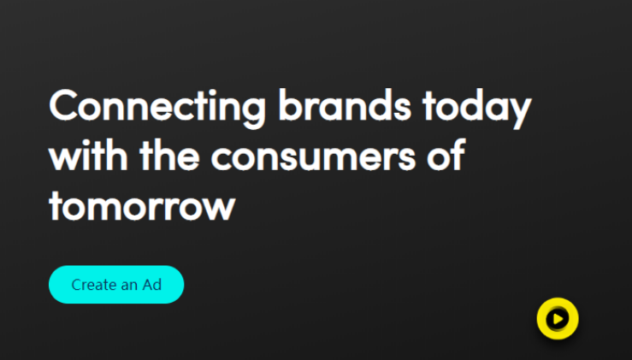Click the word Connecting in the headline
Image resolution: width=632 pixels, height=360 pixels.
[157, 107]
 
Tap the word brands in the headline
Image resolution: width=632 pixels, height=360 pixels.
[345, 104]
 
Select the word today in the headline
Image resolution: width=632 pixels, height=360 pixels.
[477, 108]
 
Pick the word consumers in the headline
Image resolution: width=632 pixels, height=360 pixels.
[313, 158]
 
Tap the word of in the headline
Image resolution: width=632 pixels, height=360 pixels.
[446, 155]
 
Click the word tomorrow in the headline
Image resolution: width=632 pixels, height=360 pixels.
[142, 205]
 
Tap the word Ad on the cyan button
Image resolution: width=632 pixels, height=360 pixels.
[152, 285]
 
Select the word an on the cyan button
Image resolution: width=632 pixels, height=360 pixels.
[129, 286]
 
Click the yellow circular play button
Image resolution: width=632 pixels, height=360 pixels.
[558, 319]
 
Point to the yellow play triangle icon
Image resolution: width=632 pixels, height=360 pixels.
[558, 319]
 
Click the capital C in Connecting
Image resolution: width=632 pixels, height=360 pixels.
[63, 104]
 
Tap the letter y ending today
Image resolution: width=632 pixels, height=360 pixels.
[520, 113]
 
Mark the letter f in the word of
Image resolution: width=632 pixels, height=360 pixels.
[458, 155]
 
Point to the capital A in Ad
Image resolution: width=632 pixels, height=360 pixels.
[147, 285]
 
